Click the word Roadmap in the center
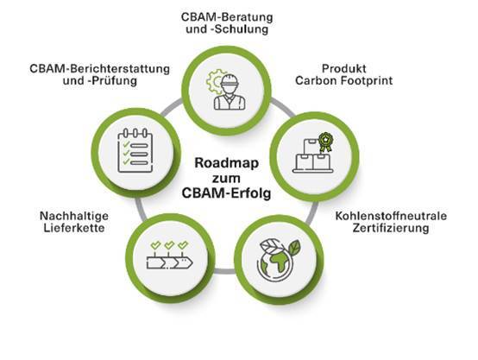227,163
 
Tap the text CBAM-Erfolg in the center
227,193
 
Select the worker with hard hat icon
230,92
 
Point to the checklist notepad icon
135,150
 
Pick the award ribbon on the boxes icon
325,142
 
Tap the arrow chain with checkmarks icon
169,256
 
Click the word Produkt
344,68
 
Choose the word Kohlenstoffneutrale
391,216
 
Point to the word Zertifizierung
391,228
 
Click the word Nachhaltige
74,216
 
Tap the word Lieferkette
74,228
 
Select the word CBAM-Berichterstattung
100,69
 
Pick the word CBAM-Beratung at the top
227,16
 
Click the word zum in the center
227,179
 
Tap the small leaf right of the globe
294,248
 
